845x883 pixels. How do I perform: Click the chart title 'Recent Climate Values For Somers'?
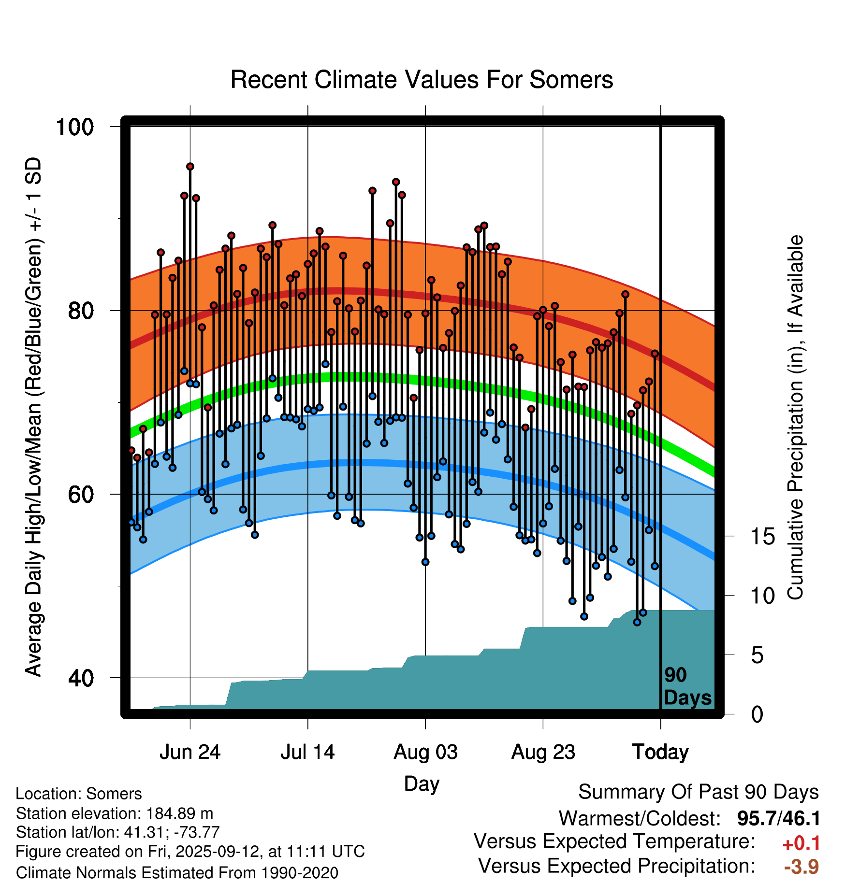(422, 80)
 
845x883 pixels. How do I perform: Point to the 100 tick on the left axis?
(74, 128)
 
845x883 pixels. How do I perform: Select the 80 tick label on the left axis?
(80, 311)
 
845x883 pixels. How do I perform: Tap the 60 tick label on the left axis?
(80, 495)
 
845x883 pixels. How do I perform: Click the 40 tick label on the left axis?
(80, 678)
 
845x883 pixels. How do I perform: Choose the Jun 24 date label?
(190, 752)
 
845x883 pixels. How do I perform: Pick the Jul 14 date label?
(307, 752)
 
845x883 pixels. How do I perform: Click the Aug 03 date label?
(425, 752)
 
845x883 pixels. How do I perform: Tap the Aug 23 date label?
(543, 752)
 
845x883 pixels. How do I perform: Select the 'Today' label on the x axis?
(660, 752)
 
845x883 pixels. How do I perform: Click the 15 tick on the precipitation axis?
(762, 537)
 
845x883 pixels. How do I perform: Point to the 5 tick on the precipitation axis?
(757, 655)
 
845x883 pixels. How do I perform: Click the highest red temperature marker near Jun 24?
(190, 167)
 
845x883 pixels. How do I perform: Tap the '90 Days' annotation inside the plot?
(687, 686)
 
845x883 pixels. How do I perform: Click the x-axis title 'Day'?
(422, 784)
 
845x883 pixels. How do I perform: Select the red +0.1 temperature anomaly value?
(801, 843)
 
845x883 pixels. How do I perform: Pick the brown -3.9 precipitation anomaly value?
(801, 867)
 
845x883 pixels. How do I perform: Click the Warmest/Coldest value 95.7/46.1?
(778, 819)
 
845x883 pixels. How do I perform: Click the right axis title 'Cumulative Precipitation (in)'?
(795, 418)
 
